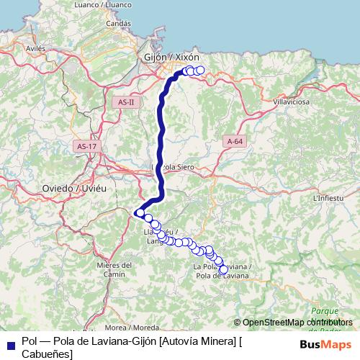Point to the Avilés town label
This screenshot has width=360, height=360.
[35, 48]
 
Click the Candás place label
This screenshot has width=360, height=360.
[118, 23]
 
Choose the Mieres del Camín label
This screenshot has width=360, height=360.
[115, 269]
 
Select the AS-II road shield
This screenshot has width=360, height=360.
[126, 103]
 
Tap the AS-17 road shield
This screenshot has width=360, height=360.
[86, 146]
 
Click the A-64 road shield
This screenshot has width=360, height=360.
[234, 141]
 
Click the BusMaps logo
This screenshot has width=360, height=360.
[325, 344]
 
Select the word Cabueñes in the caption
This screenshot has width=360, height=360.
[46, 354]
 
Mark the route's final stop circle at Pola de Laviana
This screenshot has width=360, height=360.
[223, 270]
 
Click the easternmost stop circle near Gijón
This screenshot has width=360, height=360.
[200, 71]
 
